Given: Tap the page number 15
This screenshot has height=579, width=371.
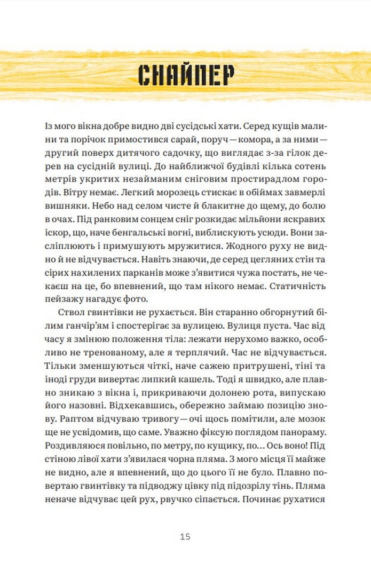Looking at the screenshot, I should (x=185, y=536).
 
